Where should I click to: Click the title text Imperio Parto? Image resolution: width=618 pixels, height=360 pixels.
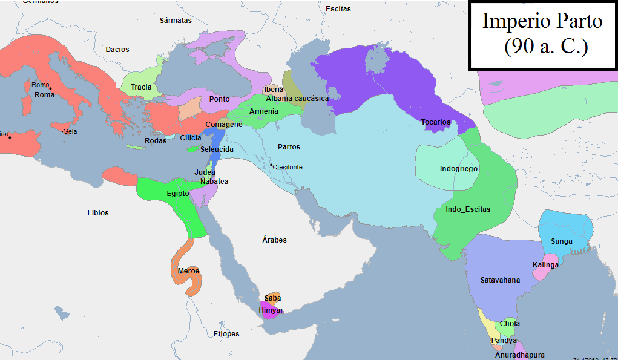[542, 21]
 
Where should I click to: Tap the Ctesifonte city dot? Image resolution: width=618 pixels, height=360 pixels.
[272, 166]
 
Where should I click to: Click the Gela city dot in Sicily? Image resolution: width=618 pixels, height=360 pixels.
[64, 131]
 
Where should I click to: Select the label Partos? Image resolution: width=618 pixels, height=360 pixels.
[289, 147]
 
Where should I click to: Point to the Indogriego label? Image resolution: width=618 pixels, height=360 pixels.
[458, 169]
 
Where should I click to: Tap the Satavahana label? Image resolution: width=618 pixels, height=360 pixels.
[500, 280]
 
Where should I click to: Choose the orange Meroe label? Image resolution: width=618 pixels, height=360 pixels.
[189, 271]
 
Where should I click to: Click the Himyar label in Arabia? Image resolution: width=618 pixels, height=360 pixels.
[271, 310]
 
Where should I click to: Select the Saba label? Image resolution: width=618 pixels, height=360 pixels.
[272, 298]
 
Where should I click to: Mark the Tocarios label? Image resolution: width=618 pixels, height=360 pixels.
[436, 122]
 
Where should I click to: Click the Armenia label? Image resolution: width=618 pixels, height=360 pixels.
[264, 111]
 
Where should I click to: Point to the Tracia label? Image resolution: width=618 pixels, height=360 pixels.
[141, 87]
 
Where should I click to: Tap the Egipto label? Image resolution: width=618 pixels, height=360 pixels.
[178, 194]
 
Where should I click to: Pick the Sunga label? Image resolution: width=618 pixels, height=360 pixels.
[561, 241]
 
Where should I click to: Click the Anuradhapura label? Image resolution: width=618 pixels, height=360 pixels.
[519, 355]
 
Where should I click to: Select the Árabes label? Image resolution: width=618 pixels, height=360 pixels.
[274, 240]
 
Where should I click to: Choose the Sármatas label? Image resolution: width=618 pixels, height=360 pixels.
[176, 21]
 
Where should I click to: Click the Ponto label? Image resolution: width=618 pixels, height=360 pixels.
[219, 99]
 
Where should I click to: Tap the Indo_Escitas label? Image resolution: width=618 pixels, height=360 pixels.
[468, 209]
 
